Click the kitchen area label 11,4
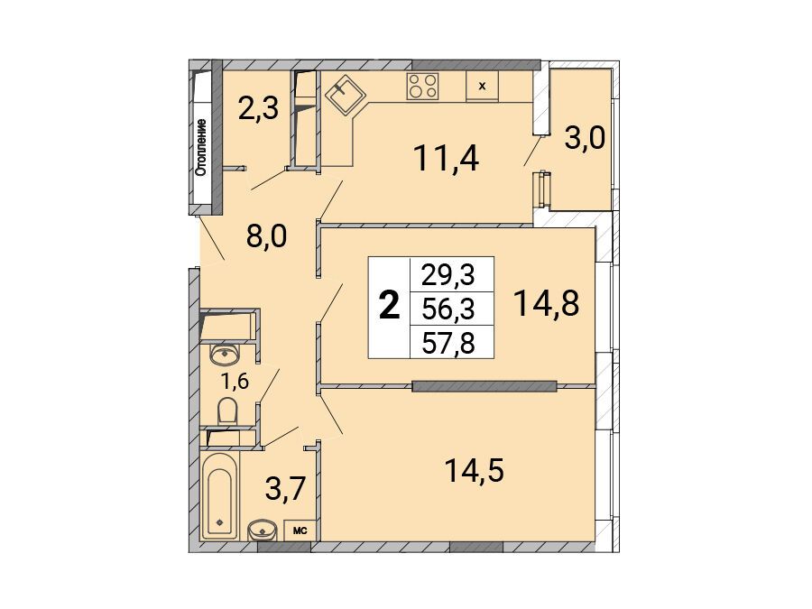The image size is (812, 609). pyautogui.click(x=447, y=158)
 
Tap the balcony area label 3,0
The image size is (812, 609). pyautogui.click(x=585, y=139)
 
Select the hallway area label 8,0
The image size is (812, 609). pyautogui.click(x=266, y=237)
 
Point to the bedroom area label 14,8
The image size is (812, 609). pyautogui.click(x=547, y=303)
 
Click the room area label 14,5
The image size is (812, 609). pyautogui.click(x=475, y=471)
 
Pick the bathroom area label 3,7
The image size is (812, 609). pyautogui.click(x=286, y=488)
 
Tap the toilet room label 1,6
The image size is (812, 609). pyautogui.click(x=235, y=382)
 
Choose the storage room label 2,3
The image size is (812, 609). pyautogui.click(x=258, y=109)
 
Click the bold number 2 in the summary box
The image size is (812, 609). pyautogui.click(x=390, y=306)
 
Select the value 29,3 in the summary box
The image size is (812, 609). pyautogui.click(x=448, y=275)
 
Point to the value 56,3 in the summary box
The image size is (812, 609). pyautogui.click(x=448, y=309)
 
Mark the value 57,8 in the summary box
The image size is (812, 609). pyautogui.click(x=448, y=344)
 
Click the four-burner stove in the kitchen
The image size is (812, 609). pyautogui.click(x=422, y=86)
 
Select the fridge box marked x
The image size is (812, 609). pyautogui.click(x=482, y=86)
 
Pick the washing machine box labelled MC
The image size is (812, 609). pyautogui.click(x=300, y=531)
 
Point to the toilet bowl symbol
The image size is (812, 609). pyautogui.click(x=227, y=411)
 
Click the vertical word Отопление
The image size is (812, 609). pyautogui.click(x=202, y=147)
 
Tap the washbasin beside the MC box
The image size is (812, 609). pyautogui.click(x=263, y=531)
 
